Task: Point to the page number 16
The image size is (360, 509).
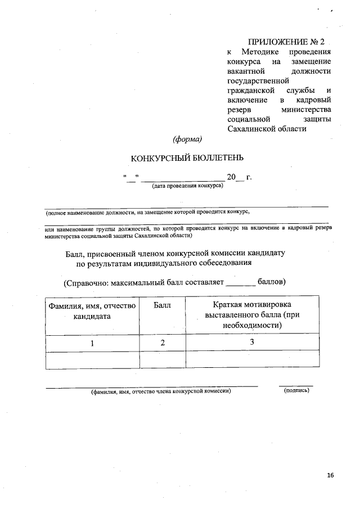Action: (x=330, y=475)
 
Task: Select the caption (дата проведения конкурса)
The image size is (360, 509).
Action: (x=187, y=186)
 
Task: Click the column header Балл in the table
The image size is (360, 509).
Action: (x=162, y=305)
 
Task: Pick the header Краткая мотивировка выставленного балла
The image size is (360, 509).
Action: (x=252, y=314)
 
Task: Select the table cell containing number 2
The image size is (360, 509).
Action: (x=162, y=343)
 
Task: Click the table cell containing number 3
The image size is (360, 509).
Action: (x=252, y=343)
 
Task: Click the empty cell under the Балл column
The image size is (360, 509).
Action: (x=162, y=360)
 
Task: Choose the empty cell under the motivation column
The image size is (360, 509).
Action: (x=252, y=360)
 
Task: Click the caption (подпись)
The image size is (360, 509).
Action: (x=296, y=390)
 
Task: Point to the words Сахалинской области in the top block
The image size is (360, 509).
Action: (x=267, y=129)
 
